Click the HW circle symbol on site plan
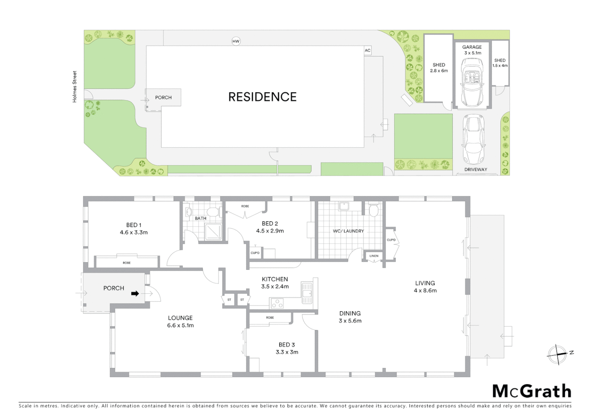coord(236,41)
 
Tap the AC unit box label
coord(367,51)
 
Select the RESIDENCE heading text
coord(262,97)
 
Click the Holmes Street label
coord(75,86)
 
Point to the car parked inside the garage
coord(472,82)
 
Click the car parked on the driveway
coord(473,139)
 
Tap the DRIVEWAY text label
coord(475,170)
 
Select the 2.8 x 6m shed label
coord(439,71)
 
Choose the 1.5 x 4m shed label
coord(500,66)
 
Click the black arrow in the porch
coord(135,294)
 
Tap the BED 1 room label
coord(133,225)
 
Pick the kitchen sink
coord(307,293)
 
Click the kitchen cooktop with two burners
coord(277,303)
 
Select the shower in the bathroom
coord(214,232)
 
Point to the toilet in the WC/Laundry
coord(373,210)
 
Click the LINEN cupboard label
coord(374,256)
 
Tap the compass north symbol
coord(558,354)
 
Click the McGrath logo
coord(531,391)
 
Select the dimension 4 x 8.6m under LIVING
coord(425,291)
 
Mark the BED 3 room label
coord(287,345)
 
